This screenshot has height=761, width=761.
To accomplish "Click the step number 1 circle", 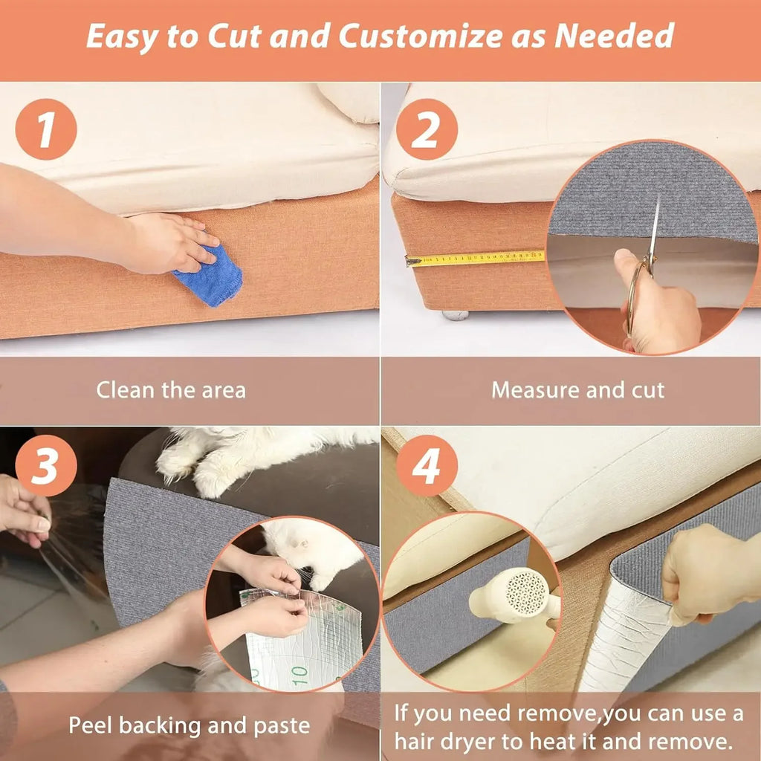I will (x=46, y=129).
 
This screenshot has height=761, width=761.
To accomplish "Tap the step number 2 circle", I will (x=427, y=129).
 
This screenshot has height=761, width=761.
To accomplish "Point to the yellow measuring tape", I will (x=476, y=259).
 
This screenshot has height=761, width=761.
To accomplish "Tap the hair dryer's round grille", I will (x=525, y=592).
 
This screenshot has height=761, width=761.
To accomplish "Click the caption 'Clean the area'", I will (x=171, y=390).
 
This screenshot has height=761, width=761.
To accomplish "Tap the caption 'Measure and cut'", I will (x=578, y=390).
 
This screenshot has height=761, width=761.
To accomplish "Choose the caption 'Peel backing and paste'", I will (x=190, y=725).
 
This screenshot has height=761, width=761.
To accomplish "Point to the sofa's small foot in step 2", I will (x=455, y=315).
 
